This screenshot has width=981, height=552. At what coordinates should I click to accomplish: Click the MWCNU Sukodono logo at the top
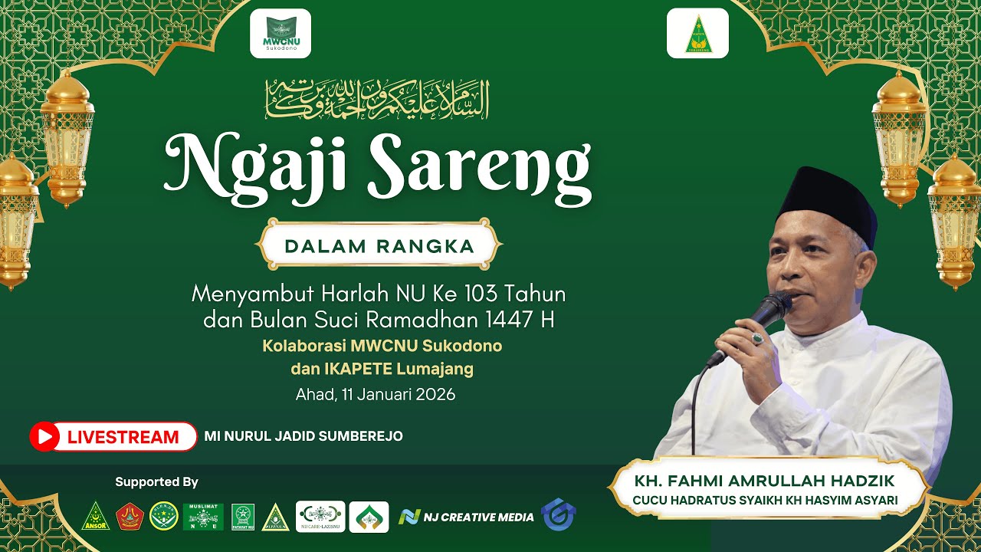pos(280,34)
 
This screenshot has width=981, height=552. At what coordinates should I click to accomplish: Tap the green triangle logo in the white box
pos(697,34)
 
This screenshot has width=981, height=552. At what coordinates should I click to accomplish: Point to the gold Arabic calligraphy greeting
pos(376,99)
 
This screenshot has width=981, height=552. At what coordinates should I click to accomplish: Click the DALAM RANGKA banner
pos(379,247)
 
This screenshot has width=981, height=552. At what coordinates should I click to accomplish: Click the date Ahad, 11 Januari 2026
pos(376,395)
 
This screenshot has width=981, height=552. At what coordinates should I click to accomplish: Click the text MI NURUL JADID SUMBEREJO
pos(303,436)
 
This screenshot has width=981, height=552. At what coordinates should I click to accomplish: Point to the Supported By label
pos(156,482)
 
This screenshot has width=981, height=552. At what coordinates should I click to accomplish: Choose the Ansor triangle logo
pos(96,517)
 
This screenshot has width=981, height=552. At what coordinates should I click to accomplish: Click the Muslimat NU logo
pos(203,517)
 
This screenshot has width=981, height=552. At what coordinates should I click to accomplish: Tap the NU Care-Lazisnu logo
pos(320,517)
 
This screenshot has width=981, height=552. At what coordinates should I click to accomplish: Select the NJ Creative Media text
pos(478,517)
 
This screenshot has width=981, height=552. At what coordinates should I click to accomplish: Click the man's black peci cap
pos(828,202)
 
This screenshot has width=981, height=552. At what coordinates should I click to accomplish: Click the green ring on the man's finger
pos(757,338)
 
